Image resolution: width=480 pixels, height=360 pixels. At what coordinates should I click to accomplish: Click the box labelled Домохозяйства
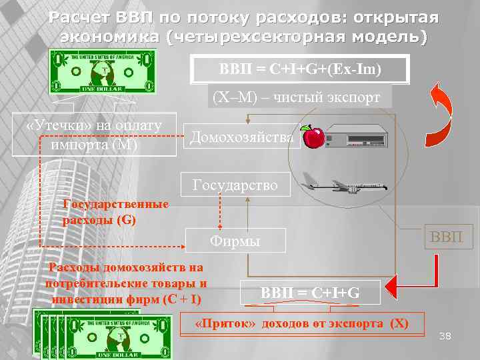241,137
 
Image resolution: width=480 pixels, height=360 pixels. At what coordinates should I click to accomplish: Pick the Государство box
236,184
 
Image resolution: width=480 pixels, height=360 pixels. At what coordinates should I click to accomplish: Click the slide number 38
445,337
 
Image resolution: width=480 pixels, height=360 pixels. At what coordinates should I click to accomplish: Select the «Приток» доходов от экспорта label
300,324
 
